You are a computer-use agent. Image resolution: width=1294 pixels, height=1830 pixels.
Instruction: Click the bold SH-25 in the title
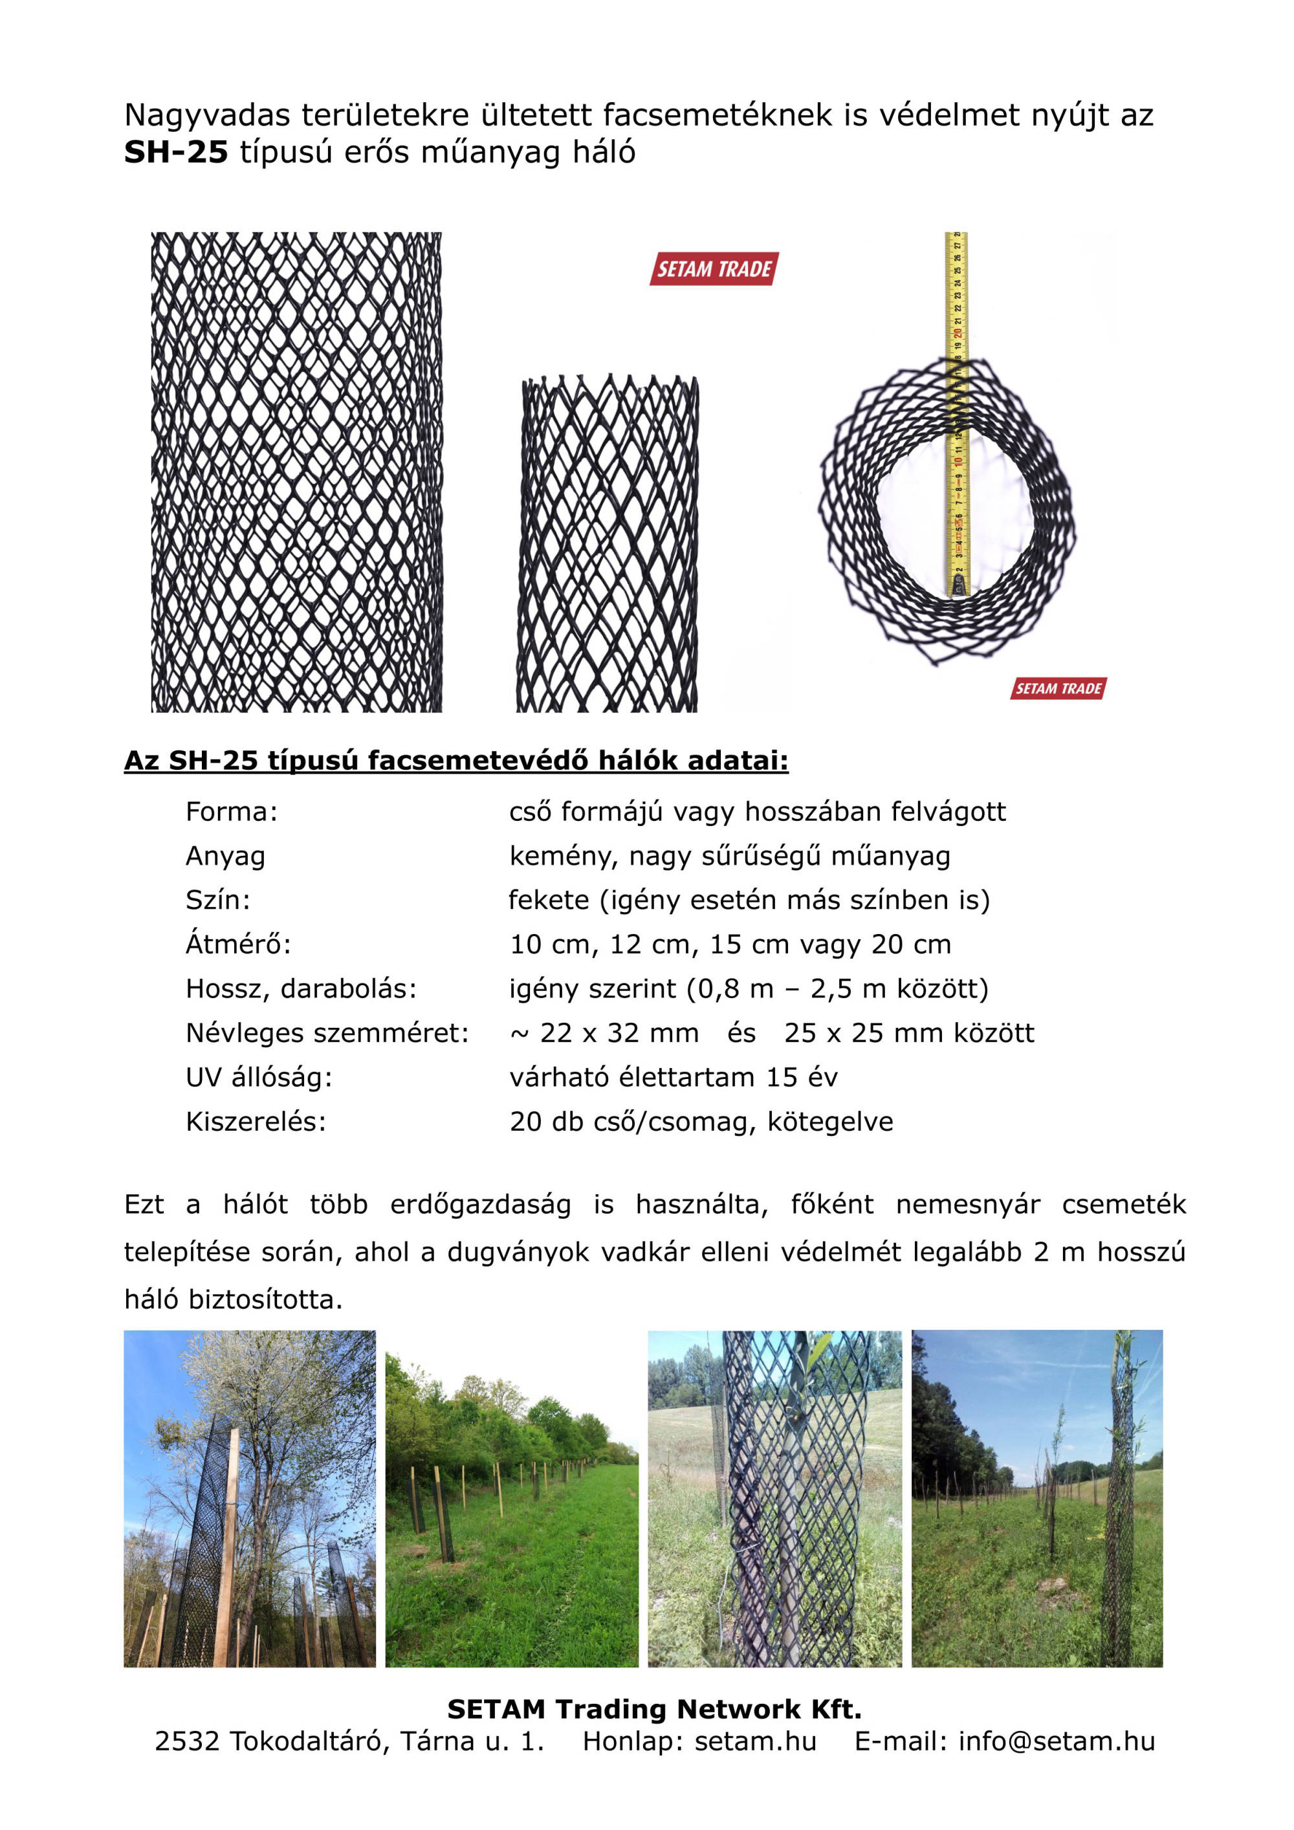coord(175,152)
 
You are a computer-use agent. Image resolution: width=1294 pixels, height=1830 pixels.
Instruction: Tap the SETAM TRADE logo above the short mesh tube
coord(714,269)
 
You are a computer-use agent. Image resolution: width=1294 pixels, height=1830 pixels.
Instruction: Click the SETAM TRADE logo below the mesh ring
coord(1058,689)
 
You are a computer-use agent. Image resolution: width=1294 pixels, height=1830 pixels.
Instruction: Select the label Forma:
coord(231,812)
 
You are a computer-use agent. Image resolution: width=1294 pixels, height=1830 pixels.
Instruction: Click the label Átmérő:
coord(238,944)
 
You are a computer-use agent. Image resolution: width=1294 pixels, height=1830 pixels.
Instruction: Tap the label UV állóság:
coord(258,1078)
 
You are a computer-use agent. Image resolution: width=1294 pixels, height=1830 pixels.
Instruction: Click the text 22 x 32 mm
coord(619,1033)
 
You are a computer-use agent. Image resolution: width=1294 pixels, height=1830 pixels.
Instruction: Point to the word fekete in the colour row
coord(549,900)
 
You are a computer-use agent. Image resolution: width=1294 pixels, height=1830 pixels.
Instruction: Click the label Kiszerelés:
coord(256,1122)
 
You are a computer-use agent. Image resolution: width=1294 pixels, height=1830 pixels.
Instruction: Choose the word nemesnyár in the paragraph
coord(968,1204)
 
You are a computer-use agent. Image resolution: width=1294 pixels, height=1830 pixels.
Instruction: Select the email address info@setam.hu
coord(1057,1741)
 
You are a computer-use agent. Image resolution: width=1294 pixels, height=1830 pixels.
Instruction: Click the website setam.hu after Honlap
coord(755,1741)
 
